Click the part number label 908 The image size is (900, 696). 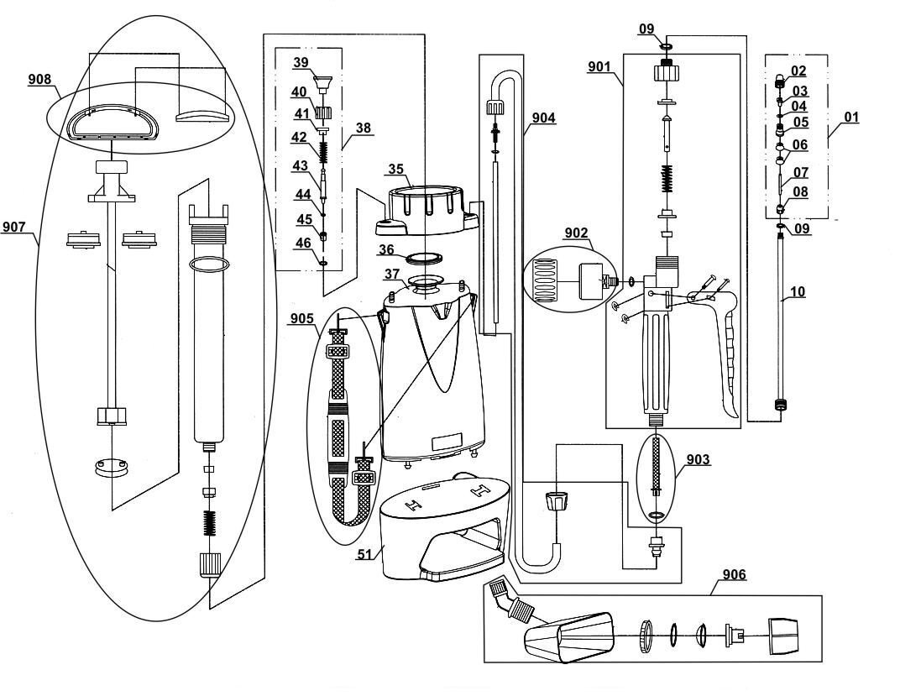[39, 79]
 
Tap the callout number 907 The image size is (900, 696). [13, 228]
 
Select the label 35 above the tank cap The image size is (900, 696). [396, 170]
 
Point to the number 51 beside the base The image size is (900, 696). [365, 554]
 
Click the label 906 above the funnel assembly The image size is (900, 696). [735, 574]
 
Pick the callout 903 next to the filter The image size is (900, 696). [698, 459]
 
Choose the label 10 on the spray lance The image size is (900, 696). [798, 291]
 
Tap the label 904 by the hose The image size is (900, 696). [543, 118]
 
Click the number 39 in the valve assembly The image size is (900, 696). [301, 62]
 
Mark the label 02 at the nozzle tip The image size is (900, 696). [799, 71]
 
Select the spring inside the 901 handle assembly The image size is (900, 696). [667, 179]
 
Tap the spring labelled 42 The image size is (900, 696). [324, 153]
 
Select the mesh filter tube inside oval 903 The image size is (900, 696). [657, 463]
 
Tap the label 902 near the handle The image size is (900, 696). [576, 233]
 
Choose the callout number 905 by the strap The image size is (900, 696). [302, 318]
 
